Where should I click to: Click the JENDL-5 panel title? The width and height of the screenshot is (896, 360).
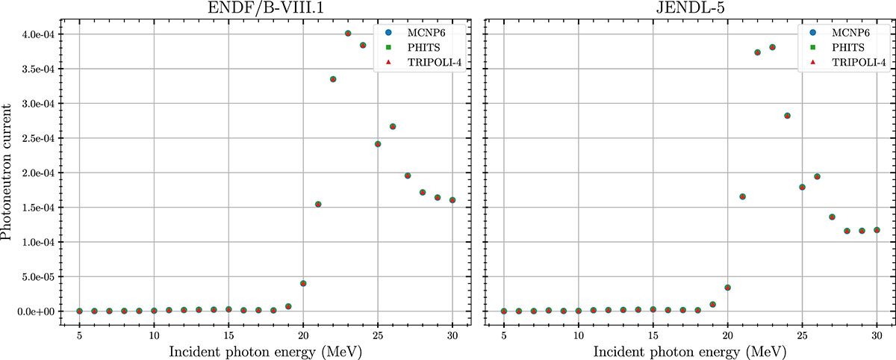point(690,10)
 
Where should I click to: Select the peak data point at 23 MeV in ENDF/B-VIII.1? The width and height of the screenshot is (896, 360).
point(348,34)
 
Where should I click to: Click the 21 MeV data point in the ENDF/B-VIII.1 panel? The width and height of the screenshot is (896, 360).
point(318,204)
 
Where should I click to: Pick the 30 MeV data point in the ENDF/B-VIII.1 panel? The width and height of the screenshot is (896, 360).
point(452,200)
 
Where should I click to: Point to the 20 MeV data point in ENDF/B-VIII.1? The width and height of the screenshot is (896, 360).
point(303,283)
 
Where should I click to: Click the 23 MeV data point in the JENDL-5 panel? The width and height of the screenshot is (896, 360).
point(772,47)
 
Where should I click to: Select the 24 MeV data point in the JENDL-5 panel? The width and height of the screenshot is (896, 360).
point(787,116)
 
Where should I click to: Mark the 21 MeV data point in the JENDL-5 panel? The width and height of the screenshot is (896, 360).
point(742,196)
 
